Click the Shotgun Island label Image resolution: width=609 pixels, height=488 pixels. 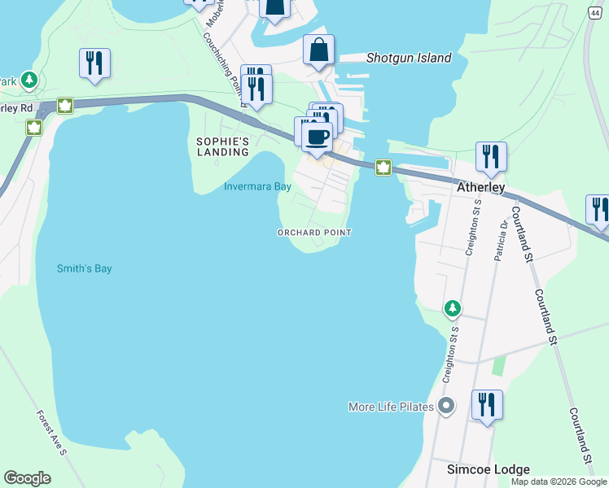[408, 58]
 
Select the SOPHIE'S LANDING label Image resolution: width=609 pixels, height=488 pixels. [222, 146]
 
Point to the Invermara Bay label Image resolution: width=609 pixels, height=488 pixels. [257, 186]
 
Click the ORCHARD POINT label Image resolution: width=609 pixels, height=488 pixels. [314, 233]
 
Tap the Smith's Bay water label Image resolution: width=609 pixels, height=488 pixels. [84, 268]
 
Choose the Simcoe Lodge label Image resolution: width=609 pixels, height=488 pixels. [489, 469]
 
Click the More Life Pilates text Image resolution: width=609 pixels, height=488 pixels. [390, 407]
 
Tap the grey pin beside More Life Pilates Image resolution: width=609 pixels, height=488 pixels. [445, 405]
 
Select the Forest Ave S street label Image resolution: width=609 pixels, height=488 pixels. [50, 430]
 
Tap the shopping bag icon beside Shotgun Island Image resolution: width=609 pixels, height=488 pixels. [318, 50]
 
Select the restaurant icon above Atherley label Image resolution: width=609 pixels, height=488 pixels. [491, 156]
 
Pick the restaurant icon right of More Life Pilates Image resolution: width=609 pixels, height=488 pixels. [487, 404]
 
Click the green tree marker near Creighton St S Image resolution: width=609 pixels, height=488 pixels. [452, 308]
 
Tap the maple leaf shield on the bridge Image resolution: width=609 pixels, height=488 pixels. [383, 168]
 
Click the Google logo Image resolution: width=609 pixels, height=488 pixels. [27, 478]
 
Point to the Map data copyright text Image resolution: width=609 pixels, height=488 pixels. [559, 481]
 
